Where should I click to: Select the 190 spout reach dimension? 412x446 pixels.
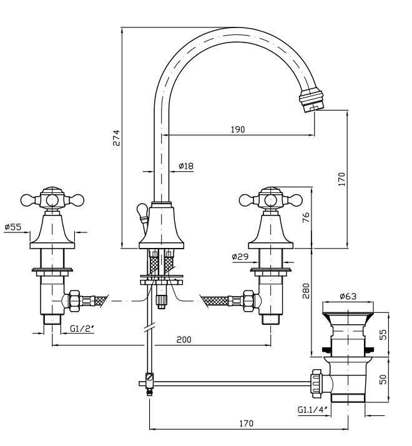tap(238, 129)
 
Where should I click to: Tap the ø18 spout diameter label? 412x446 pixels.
tap(186, 166)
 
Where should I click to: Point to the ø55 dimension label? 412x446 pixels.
tap(12, 227)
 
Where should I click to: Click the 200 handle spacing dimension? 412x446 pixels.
tap(184, 339)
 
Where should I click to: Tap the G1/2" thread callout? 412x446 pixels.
tap(81, 328)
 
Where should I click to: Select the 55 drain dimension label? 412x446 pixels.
tap(383, 335)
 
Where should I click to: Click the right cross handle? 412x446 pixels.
tap(270, 199)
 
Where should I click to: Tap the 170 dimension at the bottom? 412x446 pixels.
tap(246, 424)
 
